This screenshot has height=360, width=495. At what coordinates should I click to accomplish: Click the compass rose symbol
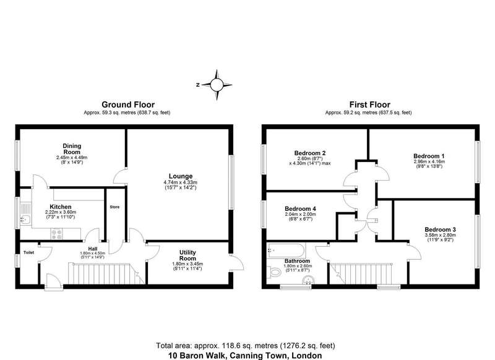(x=217, y=85)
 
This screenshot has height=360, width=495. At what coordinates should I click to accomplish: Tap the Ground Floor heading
(x=128, y=105)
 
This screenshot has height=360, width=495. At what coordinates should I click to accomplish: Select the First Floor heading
(x=369, y=105)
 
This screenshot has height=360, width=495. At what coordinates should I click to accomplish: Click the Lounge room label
(x=181, y=176)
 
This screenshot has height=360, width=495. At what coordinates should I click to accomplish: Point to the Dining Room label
(x=72, y=149)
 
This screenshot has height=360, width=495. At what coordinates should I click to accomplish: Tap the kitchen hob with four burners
(x=56, y=234)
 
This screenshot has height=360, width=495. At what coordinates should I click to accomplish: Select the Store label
(x=114, y=207)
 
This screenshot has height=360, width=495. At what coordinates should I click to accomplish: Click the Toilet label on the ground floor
(x=28, y=252)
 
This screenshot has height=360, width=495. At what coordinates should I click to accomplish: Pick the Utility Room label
(x=187, y=255)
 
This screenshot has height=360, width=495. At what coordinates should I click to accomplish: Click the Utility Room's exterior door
(x=236, y=262)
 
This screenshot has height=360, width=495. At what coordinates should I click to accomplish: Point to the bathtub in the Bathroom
(x=286, y=251)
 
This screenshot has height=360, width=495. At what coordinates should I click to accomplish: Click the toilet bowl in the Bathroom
(x=273, y=272)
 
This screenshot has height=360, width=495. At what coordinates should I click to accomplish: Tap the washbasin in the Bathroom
(x=306, y=280)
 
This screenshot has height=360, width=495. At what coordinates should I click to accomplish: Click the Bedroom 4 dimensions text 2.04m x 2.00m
(x=300, y=214)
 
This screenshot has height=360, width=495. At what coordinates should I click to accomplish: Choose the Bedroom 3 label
(x=440, y=229)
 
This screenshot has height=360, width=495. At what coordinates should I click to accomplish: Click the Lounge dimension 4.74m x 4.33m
(x=181, y=182)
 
